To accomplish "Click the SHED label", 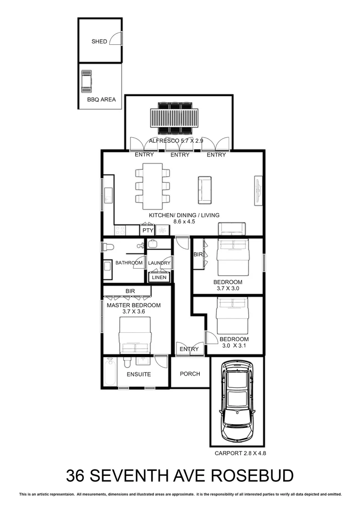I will [x=99, y=41].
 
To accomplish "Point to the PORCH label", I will [x=190, y=374].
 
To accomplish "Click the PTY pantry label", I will [x=147, y=230].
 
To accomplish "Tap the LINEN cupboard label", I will [x=159, y=278].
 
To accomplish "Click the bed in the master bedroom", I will [x=135, y=335].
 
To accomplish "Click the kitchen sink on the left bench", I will [x=107, y=193].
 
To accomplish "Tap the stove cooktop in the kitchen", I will [x=120, y=230].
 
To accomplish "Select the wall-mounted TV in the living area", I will [x=258, y=190].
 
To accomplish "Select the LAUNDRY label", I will [x=159, y=263].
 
